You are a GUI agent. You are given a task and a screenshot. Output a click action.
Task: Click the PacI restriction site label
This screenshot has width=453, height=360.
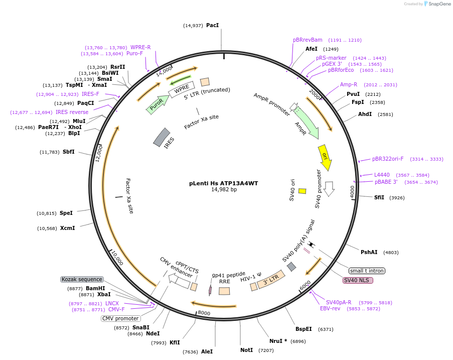pos(212,26)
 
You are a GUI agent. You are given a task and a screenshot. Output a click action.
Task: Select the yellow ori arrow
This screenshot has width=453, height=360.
pos(325,157)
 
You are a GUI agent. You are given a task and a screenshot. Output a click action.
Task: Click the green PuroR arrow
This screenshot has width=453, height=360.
pos(158,104)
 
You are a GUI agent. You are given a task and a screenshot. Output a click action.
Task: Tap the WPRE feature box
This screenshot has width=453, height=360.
pos(182,89)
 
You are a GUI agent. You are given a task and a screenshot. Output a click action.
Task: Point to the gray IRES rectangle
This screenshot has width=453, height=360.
pos(162,137)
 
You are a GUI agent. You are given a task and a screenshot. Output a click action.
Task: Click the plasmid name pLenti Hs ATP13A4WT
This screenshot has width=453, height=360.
pos(224,183)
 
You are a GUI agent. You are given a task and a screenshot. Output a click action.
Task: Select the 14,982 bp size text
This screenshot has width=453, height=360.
pos(224,190)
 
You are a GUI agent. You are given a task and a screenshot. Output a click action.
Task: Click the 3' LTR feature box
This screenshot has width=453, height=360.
pos(271,279)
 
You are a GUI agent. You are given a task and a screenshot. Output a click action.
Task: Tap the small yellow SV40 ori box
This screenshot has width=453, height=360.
pos(302,191)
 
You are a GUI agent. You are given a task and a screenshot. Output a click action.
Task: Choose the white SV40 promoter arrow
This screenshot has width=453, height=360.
pos(329,189)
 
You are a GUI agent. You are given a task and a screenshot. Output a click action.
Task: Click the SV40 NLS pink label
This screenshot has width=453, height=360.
pos(358,280)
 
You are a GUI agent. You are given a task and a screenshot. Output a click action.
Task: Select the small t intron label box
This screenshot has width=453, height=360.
pos(367,271)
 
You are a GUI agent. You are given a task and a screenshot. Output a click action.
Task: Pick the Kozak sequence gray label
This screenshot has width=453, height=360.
pos(82,279)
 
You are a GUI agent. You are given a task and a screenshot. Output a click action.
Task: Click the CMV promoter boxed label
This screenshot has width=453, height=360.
pos(120,318)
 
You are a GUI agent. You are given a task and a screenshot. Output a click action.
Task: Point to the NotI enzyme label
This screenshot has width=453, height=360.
pos(246,350)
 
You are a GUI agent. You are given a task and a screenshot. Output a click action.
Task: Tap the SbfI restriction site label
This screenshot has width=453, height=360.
pos(68,152)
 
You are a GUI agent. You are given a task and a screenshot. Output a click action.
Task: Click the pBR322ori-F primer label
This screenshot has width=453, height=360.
pos(388,159)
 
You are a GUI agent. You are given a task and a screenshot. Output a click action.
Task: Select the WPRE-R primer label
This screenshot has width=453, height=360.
pos(140,47)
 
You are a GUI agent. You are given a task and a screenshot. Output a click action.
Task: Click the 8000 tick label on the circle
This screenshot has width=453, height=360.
pos(204,313)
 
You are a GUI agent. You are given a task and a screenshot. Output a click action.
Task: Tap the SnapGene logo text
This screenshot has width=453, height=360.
pos(439,4)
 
